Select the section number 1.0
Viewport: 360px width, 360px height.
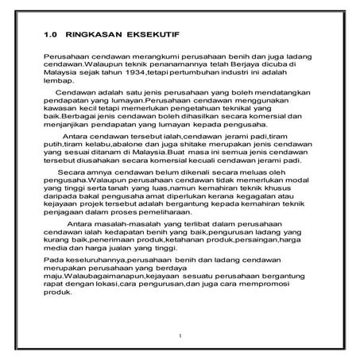(51, 35)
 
